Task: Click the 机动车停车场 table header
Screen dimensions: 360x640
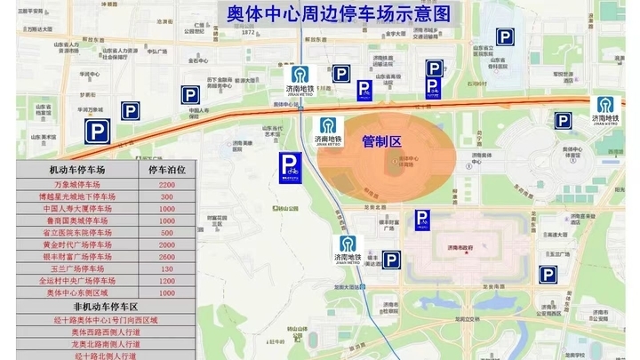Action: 77,169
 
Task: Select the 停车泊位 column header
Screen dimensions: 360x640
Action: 166,169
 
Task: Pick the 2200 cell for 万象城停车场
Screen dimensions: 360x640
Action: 166,184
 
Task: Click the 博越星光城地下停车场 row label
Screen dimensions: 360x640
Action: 77,196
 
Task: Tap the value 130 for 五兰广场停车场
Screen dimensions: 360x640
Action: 166,268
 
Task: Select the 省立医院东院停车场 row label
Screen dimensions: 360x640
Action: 77,233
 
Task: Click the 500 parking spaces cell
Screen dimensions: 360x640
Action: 166,233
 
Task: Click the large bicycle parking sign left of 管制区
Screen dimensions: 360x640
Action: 289,167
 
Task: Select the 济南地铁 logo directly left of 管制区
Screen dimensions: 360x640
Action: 328,131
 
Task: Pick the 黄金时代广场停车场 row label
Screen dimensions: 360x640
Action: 77,244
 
